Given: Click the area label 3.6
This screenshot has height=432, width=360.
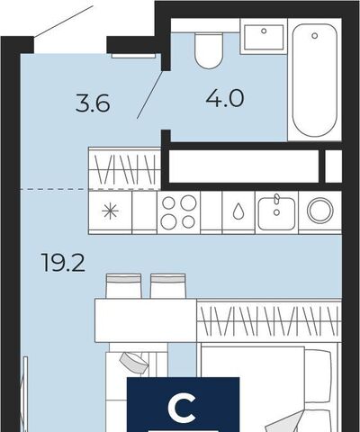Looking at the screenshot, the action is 93,103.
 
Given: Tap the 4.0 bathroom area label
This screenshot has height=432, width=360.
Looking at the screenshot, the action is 225,98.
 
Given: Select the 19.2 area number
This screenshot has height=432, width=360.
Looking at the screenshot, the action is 63,263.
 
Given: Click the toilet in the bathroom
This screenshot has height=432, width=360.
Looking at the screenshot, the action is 209,50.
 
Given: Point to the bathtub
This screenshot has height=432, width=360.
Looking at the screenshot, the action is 314,80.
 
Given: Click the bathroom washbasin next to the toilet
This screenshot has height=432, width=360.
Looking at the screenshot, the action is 264,37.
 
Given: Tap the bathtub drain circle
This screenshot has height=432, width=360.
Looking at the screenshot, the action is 314,36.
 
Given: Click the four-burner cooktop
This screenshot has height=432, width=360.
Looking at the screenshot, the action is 178,212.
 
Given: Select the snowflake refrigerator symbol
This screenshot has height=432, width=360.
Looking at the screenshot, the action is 110,211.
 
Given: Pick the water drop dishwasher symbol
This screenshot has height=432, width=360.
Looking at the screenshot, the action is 238,211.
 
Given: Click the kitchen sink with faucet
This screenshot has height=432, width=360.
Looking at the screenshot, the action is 276,212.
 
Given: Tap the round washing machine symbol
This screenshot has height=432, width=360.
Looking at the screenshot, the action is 320,211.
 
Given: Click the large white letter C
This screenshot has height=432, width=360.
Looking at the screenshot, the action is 183,409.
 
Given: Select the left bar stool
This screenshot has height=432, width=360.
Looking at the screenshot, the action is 123,286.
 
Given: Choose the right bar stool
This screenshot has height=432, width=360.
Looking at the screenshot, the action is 168,286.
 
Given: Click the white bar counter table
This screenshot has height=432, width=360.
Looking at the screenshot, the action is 146,320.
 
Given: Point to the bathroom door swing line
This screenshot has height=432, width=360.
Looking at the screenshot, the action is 150,94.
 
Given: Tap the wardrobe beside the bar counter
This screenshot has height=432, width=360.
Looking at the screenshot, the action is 269,320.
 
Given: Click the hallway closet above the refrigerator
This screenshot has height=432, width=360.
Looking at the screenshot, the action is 125,168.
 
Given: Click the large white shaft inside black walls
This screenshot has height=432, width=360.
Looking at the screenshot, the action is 244,166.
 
